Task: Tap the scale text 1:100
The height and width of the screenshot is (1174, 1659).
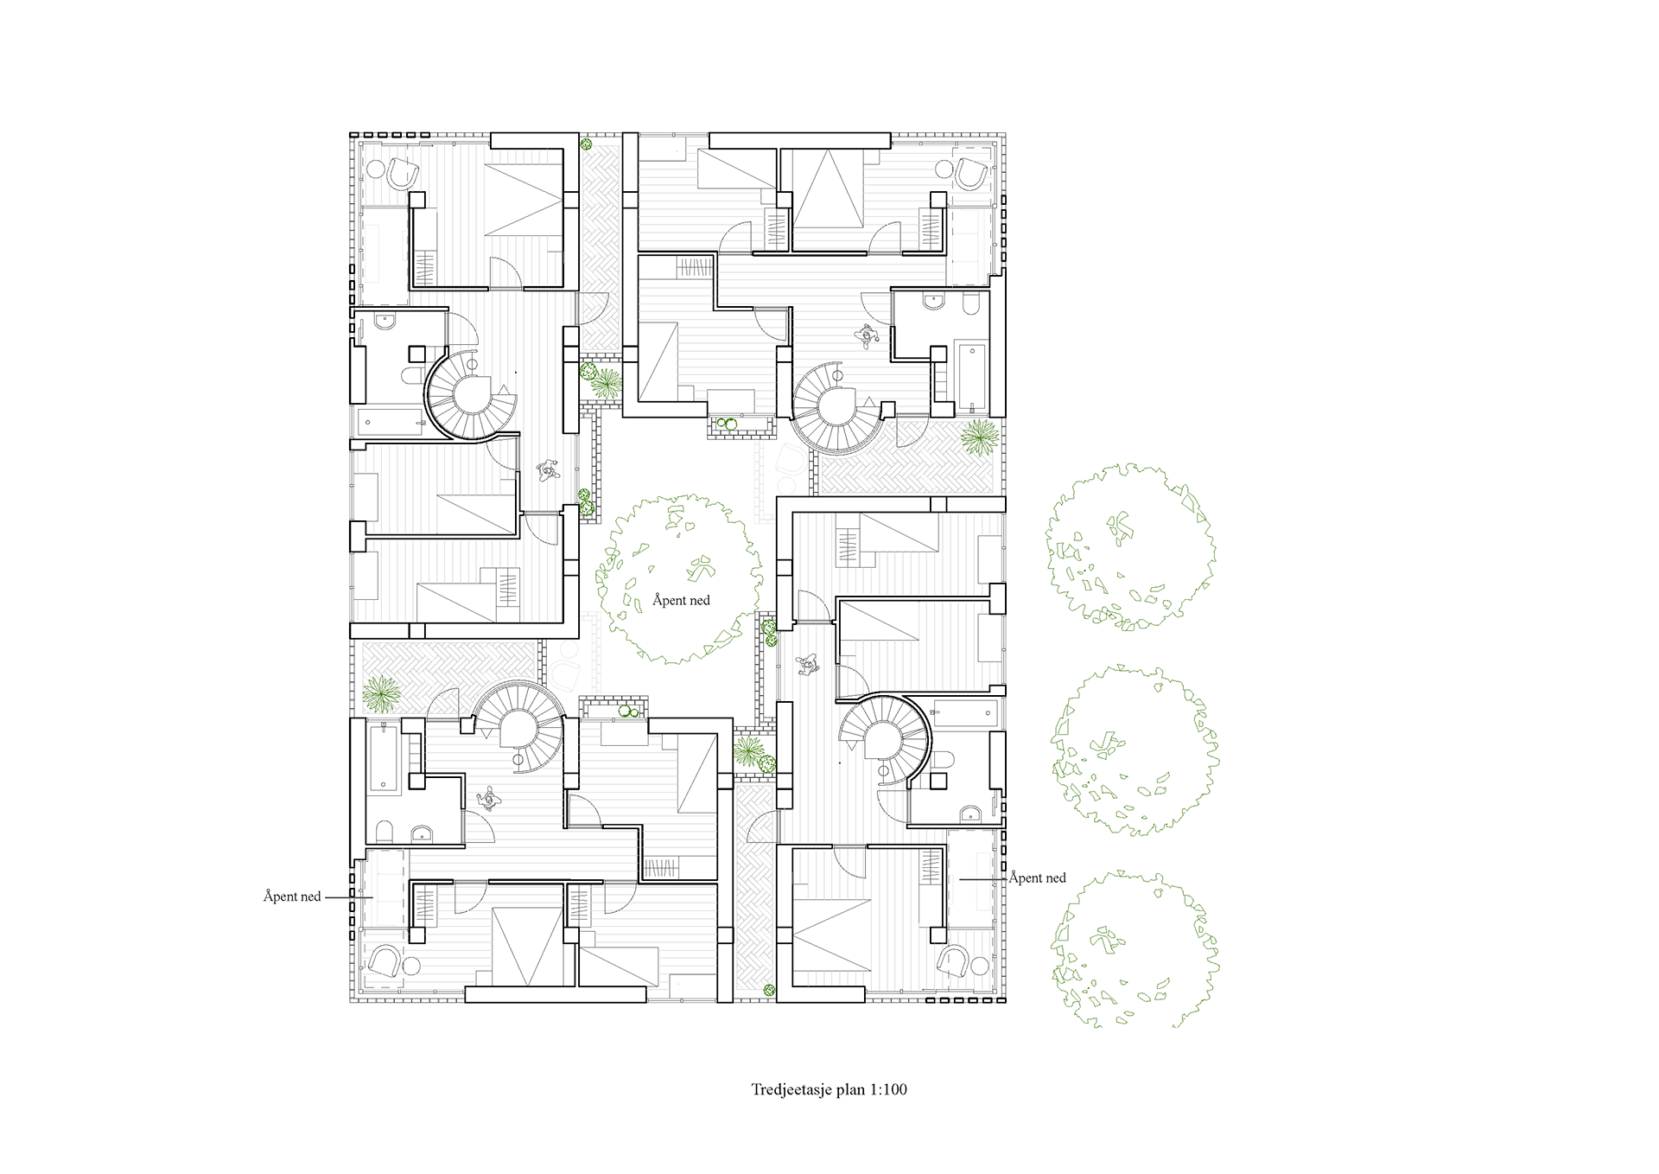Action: coord(888,1089)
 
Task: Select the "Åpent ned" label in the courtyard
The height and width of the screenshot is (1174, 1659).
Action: coord(681,600)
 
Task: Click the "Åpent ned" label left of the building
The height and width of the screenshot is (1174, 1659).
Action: coord(292,896)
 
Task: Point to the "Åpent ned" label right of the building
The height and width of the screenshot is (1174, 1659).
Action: coord(1038,877)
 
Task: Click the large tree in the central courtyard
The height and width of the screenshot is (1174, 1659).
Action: coord(679,579)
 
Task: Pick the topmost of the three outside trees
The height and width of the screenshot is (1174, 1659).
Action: coord(1130,546)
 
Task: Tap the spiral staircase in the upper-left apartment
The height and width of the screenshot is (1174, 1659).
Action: coord(472,394)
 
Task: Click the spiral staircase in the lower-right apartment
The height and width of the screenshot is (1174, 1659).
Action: coord(885,741)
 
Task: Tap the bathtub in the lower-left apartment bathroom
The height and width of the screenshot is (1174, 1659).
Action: coord(384,758)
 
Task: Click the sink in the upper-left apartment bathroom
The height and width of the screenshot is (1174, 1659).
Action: coord(385,322)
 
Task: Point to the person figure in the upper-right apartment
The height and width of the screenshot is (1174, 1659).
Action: coord(866,335)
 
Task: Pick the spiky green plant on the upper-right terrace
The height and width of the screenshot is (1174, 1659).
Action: coord(981,437)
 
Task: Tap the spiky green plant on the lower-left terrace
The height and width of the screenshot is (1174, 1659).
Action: coord(381,693)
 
